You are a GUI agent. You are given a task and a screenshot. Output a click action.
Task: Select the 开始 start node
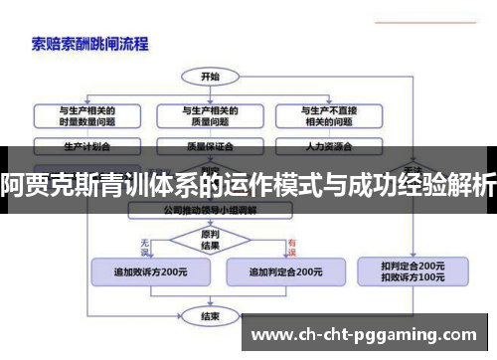point(210,76)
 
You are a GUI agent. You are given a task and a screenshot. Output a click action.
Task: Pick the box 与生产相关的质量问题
point(210,115)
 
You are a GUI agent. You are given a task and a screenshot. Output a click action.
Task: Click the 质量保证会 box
point(210,145)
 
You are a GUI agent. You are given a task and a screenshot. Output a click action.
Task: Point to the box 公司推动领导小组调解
point(210,211)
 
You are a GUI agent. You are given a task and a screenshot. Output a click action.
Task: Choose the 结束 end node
point(210,316)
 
